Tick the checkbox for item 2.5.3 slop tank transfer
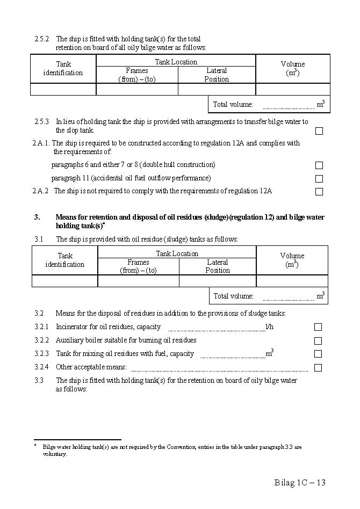(319, 130)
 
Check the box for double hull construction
(319, 165)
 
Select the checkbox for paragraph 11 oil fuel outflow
(319, 179)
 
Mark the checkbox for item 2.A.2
(319, 192)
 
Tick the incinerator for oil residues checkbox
(318, 327)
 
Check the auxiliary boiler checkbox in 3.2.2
(318, 341)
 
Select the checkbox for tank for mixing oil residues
(318, 354)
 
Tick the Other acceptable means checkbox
(318, 368)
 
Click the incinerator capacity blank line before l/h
(216, 329)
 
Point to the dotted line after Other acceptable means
(219, 370)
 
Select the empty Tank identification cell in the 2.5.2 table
(63, 89)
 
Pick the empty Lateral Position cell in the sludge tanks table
(217, 281)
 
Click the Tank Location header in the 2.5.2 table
(176, 62)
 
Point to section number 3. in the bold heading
(37, 217)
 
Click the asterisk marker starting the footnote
(35, 445)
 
